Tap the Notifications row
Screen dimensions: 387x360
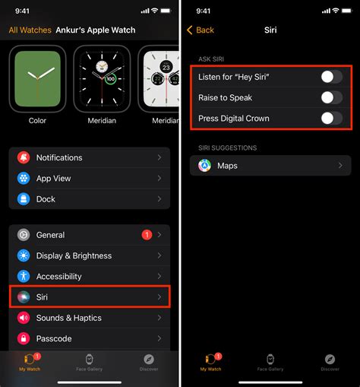point(89,157)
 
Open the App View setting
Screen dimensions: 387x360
point(89,178)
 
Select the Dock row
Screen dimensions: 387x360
point(89,198)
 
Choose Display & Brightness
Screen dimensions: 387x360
point(89,255)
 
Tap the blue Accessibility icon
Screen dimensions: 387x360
point(24,277)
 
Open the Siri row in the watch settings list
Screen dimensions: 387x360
point(89,297)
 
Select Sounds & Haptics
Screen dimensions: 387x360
point(89,318)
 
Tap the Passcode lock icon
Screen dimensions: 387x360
point(24,338)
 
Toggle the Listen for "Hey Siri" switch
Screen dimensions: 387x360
point(331,77)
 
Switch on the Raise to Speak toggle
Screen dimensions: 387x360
point(331,97)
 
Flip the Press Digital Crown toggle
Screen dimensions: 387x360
point(331,118)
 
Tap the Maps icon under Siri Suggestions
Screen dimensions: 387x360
point(205,165)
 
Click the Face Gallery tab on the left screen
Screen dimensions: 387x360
point(90,362)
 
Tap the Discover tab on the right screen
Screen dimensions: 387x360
point(330,362)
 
